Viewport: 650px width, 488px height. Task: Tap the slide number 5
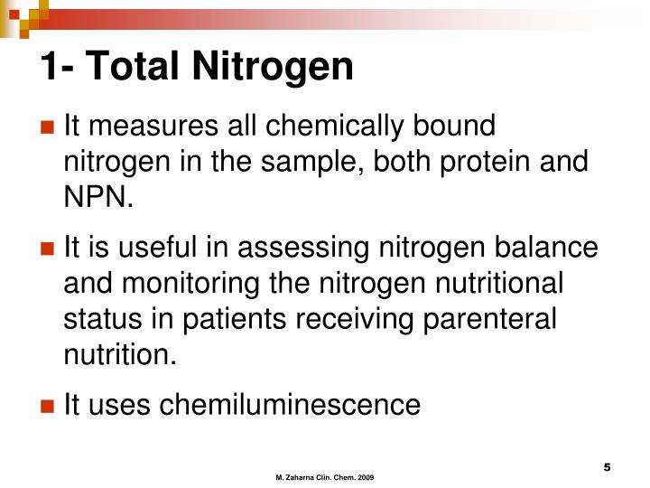(608, 466)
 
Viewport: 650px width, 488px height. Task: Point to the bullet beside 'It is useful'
(47, 247)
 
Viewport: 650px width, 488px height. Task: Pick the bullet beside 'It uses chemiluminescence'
(47, 405)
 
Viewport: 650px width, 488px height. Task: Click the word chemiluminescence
(290, 405)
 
